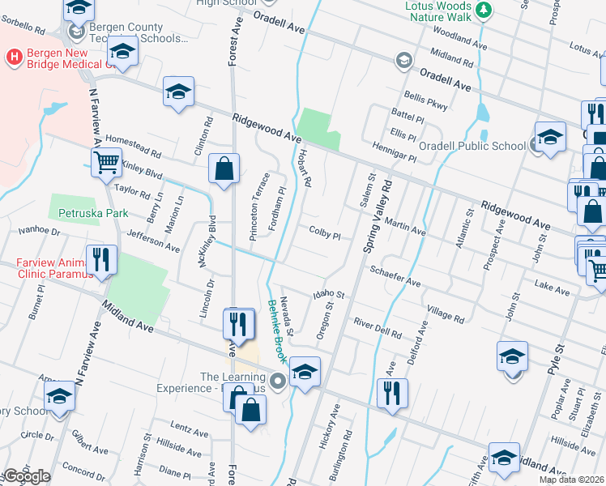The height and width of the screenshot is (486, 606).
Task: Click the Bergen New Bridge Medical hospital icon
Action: click(x=14, y=57)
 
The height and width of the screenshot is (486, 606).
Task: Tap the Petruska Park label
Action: click(x=89, y=214)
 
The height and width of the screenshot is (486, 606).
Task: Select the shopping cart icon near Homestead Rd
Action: click(x=107, y=163)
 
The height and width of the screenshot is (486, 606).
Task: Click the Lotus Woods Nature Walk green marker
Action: click(x=484, y=10)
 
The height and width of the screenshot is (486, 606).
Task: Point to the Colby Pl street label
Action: click(x=325, y=232)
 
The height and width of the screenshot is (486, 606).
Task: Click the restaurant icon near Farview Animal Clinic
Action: click(x=102, y=259)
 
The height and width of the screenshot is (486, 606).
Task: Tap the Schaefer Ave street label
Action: click(x=395, y=276)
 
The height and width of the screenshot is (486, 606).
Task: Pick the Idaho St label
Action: click(x=329, y=297)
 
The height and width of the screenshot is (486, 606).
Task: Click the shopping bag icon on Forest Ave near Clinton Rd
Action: click(x=224, y=168)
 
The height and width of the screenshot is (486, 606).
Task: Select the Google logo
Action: click(x=27, y=477)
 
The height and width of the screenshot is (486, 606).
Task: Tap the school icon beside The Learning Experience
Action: click(x=304, y=371)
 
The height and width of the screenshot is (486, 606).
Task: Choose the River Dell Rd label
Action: click(x=378, y=328)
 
